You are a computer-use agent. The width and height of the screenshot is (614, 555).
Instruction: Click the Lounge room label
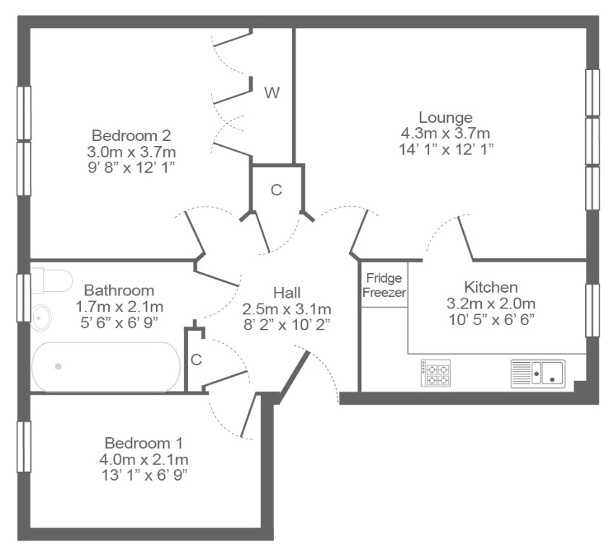446,118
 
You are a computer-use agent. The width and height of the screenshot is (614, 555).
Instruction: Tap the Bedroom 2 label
131,136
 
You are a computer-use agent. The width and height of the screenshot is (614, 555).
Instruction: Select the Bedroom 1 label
144,443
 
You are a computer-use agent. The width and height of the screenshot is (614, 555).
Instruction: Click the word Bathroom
119,291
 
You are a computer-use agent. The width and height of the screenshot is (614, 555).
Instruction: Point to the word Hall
287,293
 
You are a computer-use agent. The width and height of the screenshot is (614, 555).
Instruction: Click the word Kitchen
490,287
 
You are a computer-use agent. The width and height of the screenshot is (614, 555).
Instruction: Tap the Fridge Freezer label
384,285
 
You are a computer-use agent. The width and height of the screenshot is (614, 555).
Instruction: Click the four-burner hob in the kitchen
436,374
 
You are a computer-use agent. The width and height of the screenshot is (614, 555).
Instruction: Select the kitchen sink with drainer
538,374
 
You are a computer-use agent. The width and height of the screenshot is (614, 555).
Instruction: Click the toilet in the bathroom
51,280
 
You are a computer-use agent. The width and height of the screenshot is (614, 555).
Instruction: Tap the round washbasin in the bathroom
41,318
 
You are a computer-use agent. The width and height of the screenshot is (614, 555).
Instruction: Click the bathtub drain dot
59,366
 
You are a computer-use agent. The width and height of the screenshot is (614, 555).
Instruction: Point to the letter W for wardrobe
272,92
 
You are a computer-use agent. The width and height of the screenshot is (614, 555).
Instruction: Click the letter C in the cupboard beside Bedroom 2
277,190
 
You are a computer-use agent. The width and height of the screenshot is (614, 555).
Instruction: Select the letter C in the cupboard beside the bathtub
196,360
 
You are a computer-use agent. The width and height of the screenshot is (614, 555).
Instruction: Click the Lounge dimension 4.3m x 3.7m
445,133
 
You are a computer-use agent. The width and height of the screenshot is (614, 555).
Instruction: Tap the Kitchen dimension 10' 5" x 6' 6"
491,320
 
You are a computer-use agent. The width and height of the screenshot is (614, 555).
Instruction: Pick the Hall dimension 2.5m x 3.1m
287,309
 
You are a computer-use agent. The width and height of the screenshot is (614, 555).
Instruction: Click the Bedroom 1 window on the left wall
24,447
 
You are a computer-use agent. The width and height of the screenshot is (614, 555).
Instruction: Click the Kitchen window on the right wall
592,310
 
